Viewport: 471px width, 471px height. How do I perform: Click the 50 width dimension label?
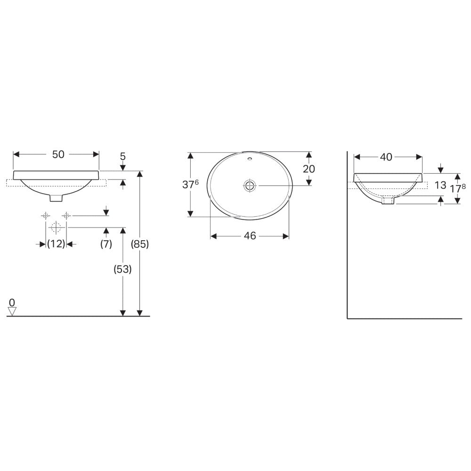[x=58, y=154]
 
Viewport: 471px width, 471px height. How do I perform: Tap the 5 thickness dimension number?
[x=122, y=156]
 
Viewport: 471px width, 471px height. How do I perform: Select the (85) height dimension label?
[x=140, y=244]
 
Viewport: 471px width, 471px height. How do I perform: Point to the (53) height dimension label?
[x=122, y=269]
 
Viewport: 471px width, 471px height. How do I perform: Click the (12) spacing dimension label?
[x=56, y=244]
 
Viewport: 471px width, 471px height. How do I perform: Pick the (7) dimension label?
[x=106, y=244]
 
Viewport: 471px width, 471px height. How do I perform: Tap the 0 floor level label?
[x=12, y=302]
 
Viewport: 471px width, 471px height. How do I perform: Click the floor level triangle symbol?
[x=12, y=311]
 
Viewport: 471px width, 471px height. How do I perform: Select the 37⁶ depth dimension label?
[x=190, y=185]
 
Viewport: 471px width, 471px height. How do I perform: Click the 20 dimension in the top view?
[x=309, y=169]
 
